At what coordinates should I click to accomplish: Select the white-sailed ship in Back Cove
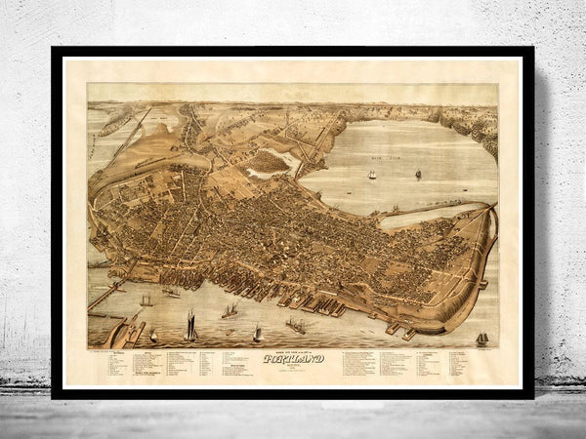coord(371,175)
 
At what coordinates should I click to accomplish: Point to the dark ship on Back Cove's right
coord(418,173)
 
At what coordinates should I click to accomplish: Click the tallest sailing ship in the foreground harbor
coord(189,326)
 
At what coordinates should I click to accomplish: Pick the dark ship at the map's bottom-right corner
coord(481,338)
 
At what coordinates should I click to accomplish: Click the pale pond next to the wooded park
coord(263,175)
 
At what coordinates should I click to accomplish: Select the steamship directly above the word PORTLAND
coord(295,326)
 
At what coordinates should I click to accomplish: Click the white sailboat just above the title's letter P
coord(257,334)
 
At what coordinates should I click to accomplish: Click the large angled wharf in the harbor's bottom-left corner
coord(131,332)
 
